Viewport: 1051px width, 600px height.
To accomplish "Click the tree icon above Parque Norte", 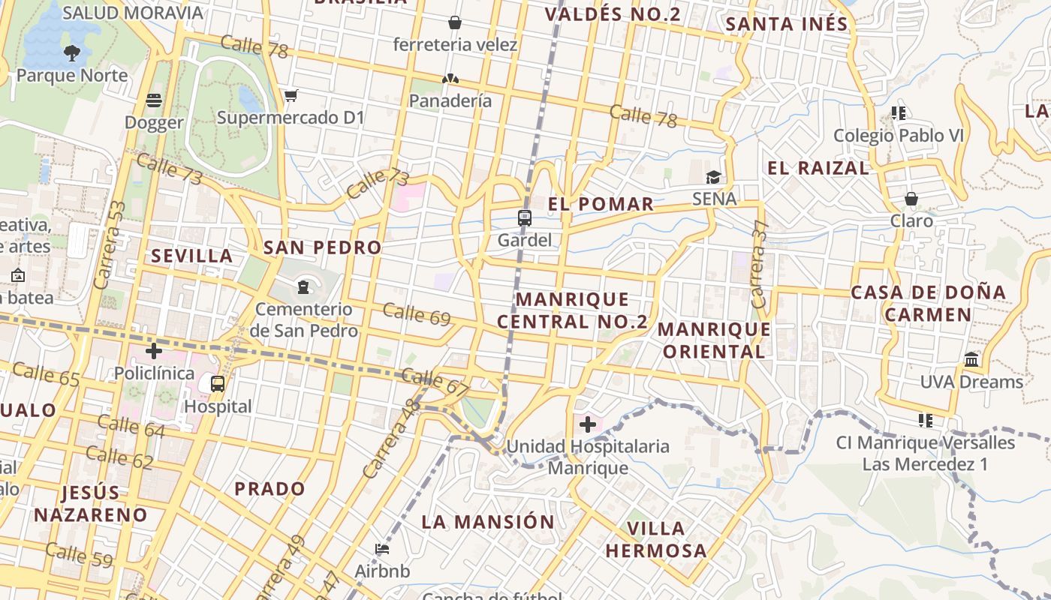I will pyautogui.click(x=72, y=52).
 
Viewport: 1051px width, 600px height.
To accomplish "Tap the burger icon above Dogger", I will pyautogui.click(x=154, y=100).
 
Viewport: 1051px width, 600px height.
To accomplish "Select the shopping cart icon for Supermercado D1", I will pyautogui.click(x=291, y=95).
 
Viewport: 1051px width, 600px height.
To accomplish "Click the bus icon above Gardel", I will pyautogui.click(x=524, y=218).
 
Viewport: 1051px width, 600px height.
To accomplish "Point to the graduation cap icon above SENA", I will pyautogui.click(x=713, y=177).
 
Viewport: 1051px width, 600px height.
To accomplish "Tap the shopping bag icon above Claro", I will pyautogui.click(x=911, y=199).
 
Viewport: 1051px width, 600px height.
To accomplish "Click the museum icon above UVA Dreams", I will pyautogui.click(x=971, y=359).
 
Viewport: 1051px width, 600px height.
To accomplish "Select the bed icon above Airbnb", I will pyautogui.click(x=382, y=549).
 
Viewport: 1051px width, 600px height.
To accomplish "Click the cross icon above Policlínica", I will pyautogui.click(x=154, y=350).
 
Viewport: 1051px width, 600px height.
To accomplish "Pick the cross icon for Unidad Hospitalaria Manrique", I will pyautogui.click(x=588, y=424).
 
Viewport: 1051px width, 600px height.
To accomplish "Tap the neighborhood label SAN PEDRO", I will pyautogui.click(x=322, y=247).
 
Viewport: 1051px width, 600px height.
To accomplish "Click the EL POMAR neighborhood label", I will pyautogui.click(x=601, y=204).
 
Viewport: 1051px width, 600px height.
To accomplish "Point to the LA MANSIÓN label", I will pyautogui.click(x=488, y=522).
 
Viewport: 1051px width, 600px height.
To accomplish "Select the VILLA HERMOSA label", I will pyautogui.click(x=656, y=539).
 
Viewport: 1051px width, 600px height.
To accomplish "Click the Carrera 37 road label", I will pyautogui.click(x=760, y=264).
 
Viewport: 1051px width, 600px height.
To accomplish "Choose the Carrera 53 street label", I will pyautogui.click(x=109, y=245).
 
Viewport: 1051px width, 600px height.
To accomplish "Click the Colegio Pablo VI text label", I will pyautogui.click(x=898, y=136).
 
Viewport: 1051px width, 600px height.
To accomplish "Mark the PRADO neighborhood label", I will pyautogui.click(x=270, y=489).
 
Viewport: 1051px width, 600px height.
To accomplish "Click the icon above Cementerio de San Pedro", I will pyautogui.click(x=303, y=286).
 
